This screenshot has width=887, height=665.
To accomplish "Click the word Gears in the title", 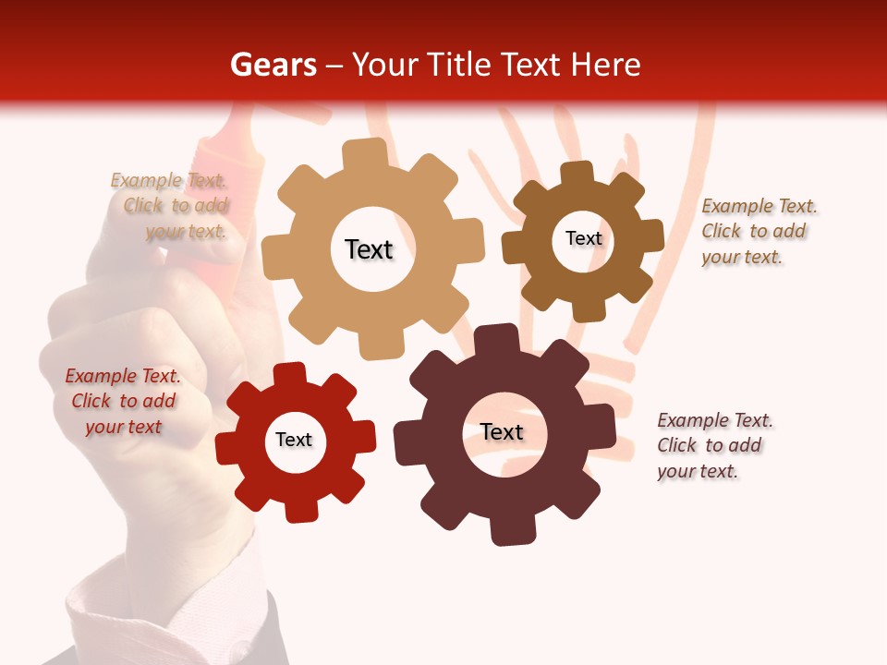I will [273, 65].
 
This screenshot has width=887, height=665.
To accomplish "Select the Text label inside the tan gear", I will [369, 249].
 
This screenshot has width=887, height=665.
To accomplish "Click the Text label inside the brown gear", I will [583, 238].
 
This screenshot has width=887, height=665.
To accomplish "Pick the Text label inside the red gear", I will [294, 440].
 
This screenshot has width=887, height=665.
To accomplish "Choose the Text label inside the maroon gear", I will [502, 431].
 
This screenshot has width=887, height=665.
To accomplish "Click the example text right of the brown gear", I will [758, 231].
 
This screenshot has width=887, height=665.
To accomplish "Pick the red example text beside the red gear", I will [123, 401].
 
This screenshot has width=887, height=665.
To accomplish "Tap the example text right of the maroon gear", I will [714, 445].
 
